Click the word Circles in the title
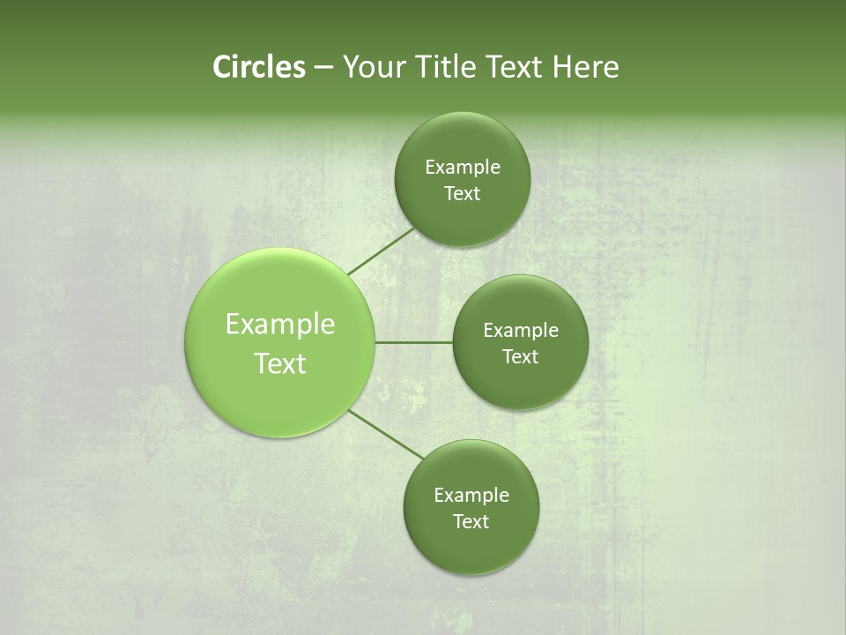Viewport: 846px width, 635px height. [x=258, y=67]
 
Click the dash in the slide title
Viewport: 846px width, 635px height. [x=323, y=68]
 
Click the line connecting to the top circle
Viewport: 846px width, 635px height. [x=382, y=251]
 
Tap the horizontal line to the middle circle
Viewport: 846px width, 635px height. [x=413, y=342]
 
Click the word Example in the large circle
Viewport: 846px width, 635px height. [x=280, y=325]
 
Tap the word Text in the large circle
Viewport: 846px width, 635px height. [x=280, y=363]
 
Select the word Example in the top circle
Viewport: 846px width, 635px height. [x=463, y=168]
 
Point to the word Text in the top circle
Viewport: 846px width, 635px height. [x=462, y=194]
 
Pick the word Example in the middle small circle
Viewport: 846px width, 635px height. [x=521, y=331]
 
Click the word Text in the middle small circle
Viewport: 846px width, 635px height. [x=520, y=357]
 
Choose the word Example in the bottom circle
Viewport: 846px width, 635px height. [x=471, y=496]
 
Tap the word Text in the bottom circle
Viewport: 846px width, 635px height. [x=471, y=522]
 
